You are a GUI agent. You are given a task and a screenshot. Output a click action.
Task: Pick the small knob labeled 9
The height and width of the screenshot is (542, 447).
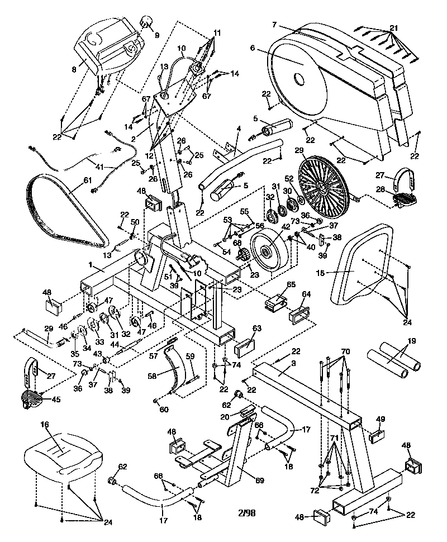tap(147, 22)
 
